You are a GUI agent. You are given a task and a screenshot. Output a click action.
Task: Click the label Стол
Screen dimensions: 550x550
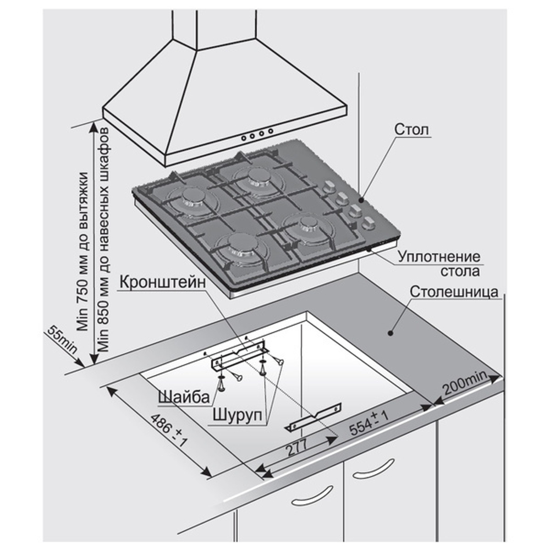coord(411,129)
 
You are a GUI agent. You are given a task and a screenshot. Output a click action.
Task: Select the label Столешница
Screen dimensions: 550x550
coord(454,292)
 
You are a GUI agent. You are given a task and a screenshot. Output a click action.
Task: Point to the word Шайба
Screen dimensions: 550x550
coord(184,397)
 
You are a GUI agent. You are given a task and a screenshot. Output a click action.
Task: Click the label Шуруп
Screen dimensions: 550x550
coord(238,415)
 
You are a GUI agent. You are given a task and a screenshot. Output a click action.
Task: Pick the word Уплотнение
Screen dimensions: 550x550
coord(439,257)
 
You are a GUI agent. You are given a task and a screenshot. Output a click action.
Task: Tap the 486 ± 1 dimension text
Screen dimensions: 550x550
coord(168,430)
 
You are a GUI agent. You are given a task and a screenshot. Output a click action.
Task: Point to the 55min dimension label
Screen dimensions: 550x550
coord(62,339)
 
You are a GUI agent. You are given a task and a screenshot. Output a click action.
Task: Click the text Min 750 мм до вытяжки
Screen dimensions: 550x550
coord(83,251)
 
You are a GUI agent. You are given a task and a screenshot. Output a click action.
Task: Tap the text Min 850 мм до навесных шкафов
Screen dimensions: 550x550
coord(104,239)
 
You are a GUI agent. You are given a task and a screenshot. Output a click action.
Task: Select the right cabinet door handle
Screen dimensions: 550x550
coord(373,469)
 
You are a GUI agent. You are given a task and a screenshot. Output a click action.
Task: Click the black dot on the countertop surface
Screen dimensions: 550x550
coord(390,332)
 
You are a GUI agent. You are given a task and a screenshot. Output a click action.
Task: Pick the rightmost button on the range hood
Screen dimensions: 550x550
coord(271,131)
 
